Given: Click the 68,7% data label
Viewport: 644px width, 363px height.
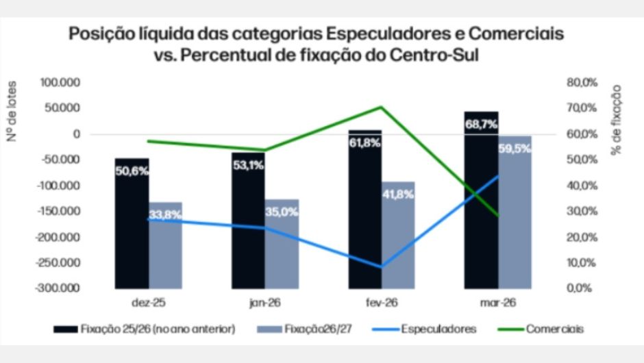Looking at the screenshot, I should tap(481, 125).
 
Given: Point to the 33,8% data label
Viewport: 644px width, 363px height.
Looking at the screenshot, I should tap(164, 214).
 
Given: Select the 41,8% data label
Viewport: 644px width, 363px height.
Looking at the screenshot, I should tap(398, 194).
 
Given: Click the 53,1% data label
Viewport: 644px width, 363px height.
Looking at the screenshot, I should tap(248, 164).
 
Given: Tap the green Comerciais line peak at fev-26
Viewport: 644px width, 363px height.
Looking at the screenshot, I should tap(382, 107).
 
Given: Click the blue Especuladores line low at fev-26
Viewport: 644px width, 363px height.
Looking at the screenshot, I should tap(382, 266).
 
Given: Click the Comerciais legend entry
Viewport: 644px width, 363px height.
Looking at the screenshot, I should tap(555, 329).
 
